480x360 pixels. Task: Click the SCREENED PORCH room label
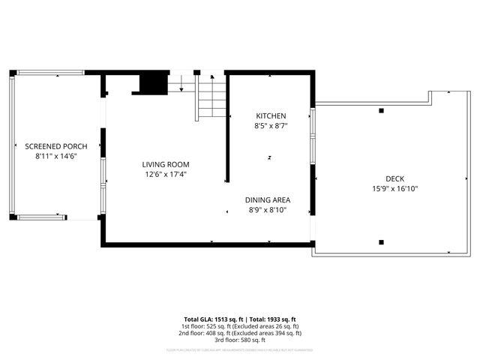tap(56, 146)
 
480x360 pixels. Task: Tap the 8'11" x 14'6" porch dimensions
tap(56, 156)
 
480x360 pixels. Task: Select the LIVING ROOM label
tap(166, 164)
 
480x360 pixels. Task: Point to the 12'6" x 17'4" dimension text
tap(166, 174)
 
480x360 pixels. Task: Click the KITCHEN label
tap(271, 116)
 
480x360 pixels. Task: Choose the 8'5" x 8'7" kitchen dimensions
tap(271, 126)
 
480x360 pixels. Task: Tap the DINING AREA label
tap(268, 200)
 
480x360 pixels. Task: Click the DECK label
tap(394, 178)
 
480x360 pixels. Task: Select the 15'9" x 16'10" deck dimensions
tap(394, 188)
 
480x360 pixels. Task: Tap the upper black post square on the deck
tap(382, 111)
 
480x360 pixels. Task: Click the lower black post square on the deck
tap(382, 241)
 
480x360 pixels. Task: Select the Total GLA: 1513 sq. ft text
tap(214, 319)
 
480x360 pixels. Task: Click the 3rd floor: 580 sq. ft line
tap(240, 340)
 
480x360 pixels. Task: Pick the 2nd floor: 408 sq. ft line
tap(240, 333)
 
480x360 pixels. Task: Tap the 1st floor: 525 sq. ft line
tap(240, 326)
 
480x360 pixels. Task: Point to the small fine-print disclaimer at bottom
tap(240, 349)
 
